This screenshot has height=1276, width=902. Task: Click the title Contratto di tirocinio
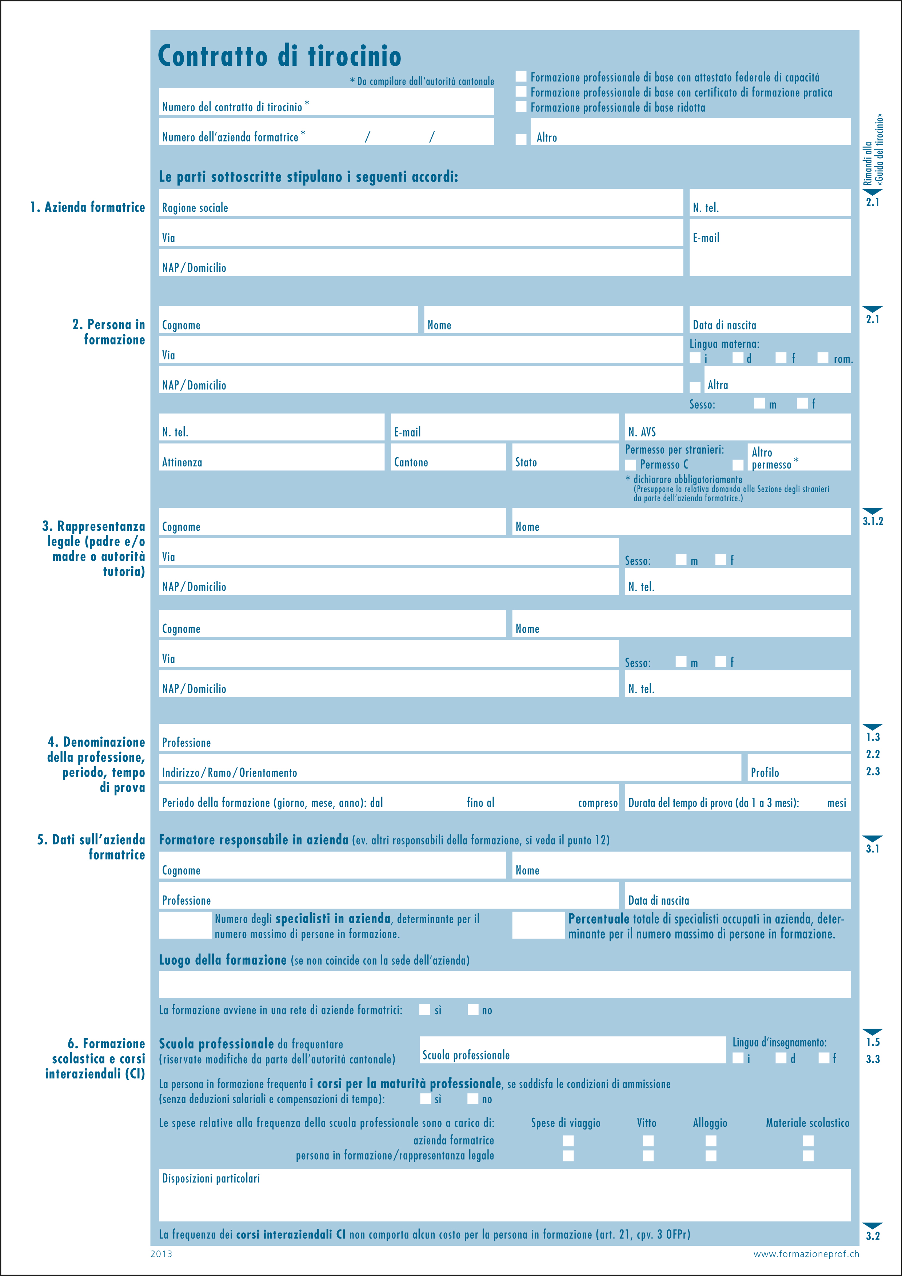coord(280,56)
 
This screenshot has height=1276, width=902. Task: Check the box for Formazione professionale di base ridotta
coord(521,106)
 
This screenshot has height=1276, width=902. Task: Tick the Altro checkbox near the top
coord(521,139)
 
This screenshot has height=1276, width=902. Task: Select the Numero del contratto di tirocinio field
coord(326,102)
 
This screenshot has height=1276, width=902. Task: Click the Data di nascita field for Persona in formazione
coord(769,320)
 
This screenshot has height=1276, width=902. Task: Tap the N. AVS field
coord(738,427)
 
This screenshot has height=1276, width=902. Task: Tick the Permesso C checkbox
coord(631,464)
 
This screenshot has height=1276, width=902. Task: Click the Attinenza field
coord(271,457)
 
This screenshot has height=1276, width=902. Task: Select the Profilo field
coord(799,767)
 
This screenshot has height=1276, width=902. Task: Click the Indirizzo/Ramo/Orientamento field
coord(449,767)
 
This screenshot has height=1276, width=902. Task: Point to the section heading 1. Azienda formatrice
coord(87,207)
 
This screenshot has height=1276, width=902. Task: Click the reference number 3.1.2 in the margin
coord(873,521)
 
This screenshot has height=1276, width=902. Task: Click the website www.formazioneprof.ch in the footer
coord(806,1254)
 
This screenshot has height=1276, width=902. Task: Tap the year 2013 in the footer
coord(161,1254)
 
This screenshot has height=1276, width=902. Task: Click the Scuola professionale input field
coord(572,1050)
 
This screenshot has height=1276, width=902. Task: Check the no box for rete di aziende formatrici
coord(473,1010)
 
